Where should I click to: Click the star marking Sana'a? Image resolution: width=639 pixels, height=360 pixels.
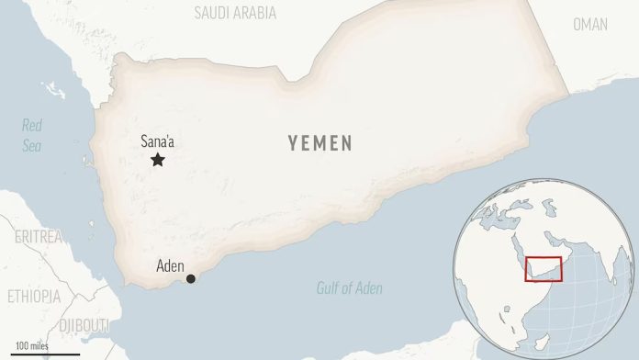click(x=158, y=161)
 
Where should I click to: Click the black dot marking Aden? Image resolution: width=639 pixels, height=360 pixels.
click(x=191, y=279)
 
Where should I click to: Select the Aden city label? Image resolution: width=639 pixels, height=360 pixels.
click(x=170, y=266)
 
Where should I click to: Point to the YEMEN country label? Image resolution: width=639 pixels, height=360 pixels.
click(x=319, y=143)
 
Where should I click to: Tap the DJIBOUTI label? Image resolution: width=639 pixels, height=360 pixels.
click(x=84, y=326)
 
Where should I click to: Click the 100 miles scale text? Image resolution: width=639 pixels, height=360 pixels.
click(x=33, y=345)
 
